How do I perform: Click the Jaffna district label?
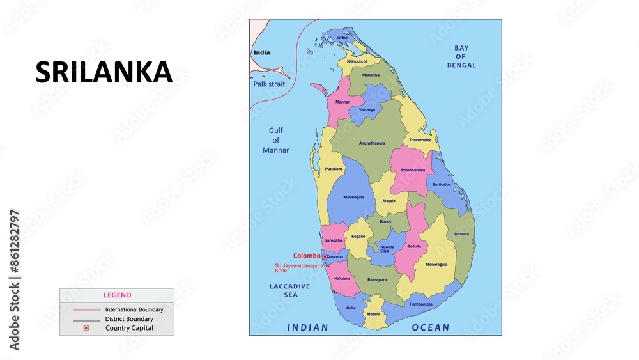pyautogui.click(x=342, y=38)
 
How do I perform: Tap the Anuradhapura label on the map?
pyautogui.click(x=371, y=143)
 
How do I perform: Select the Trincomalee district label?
pyautogui.click(x=420, y=139)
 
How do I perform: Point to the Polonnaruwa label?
pyautogui.click(x=412, y=170)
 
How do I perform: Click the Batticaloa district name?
pyautogui.click(x=441, y=184)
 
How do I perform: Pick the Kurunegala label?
pyautogui.click(x=353, y=197)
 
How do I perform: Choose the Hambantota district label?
pyautogui.click(x=421, y=304)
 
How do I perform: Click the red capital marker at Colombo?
pyautogui.click(x=325, y=257)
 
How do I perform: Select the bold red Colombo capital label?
pyautogui.click(x=307, y=256)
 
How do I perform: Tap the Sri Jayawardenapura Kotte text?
pyautogui.click(x=298, y=268)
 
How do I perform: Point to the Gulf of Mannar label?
pyautogui.click(x=275, y=140)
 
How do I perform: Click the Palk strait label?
pyautogui.click(x=268, y=84)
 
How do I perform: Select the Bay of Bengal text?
pyautogui.click(x=461, y=56)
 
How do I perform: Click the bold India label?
pyautogui.click(x=261, y=52)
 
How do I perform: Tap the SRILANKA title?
pyautogui.click(x=104, y=73)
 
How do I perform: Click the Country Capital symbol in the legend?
pyautogui.click(x=86, y=328)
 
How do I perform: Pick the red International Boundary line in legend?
pyautogui.click(x=86, y=309)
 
